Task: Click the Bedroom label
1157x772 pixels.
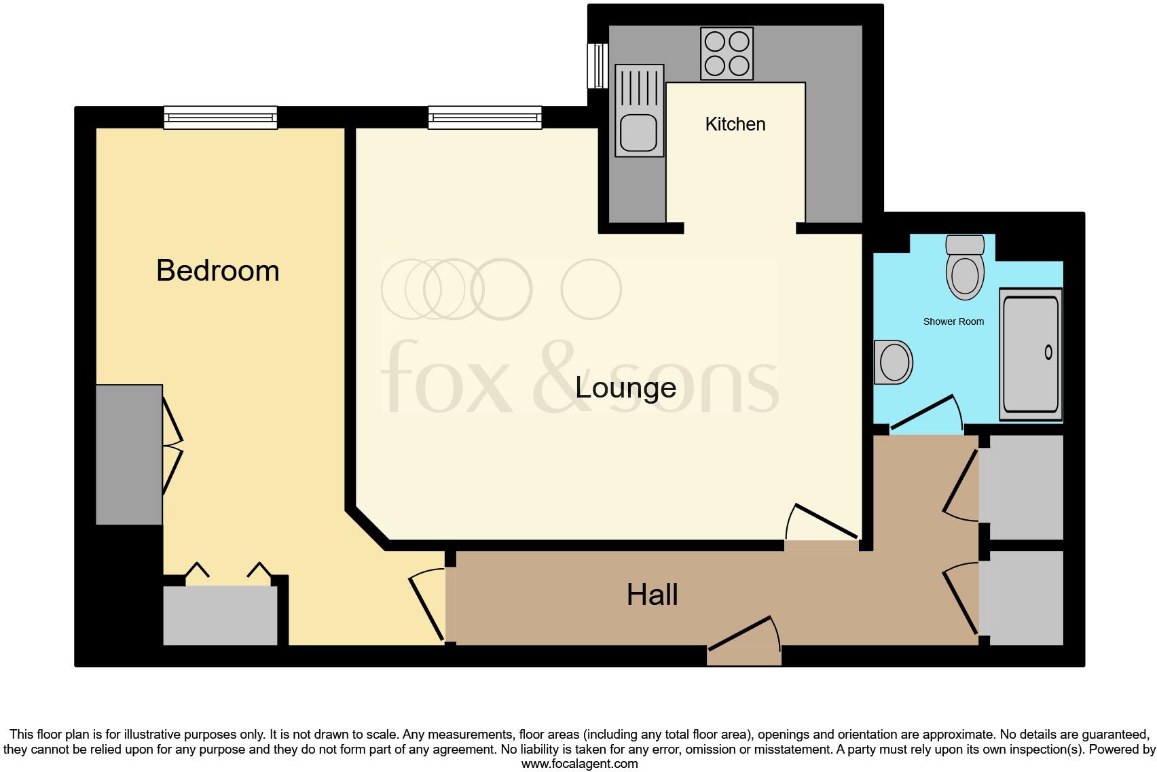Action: tap(217, 270)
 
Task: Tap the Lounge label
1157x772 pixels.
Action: tap(625, 387)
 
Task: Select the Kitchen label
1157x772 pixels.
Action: tap(735, 124)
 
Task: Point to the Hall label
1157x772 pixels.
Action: tap(652, 595)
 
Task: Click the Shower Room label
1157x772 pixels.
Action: tap(953, 321)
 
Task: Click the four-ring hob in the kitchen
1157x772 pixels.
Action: tap(727, 54)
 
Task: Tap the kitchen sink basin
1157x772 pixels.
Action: tap(638, 133)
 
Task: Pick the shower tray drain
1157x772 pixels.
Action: tap(1048, 352)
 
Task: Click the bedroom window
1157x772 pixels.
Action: tap(221, 118)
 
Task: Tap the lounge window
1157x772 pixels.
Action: tap(485, 118)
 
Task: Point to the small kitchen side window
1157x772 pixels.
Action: tap(598, 66)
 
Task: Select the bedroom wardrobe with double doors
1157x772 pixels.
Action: tap(129, 454)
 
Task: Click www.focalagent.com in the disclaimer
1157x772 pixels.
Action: tap(579, 764)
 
